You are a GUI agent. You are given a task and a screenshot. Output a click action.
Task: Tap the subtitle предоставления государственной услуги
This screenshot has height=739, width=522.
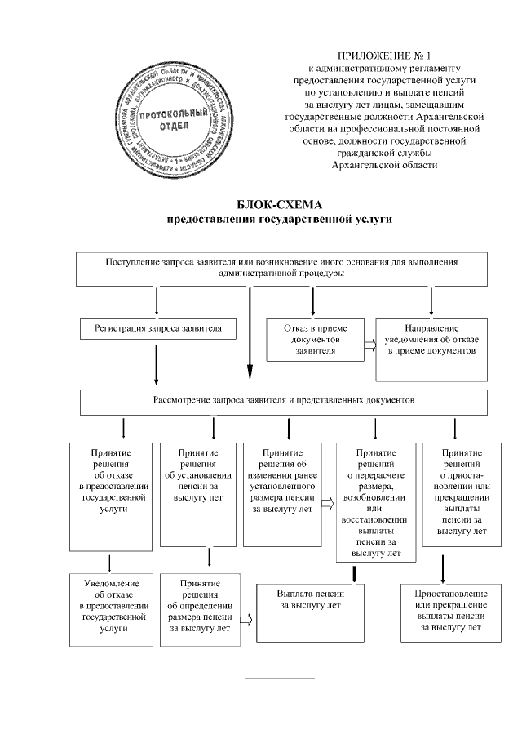[280, 219]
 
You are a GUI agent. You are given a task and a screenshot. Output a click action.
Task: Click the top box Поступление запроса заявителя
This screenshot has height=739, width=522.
[281, 269]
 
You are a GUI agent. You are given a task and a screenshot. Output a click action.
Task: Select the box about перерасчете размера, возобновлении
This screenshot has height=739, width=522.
[375, 502]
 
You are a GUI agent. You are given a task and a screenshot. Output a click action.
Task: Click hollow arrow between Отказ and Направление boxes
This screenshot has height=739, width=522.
[369, 345]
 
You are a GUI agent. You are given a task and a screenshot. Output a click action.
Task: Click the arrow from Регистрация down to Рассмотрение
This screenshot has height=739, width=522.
[156, 365]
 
